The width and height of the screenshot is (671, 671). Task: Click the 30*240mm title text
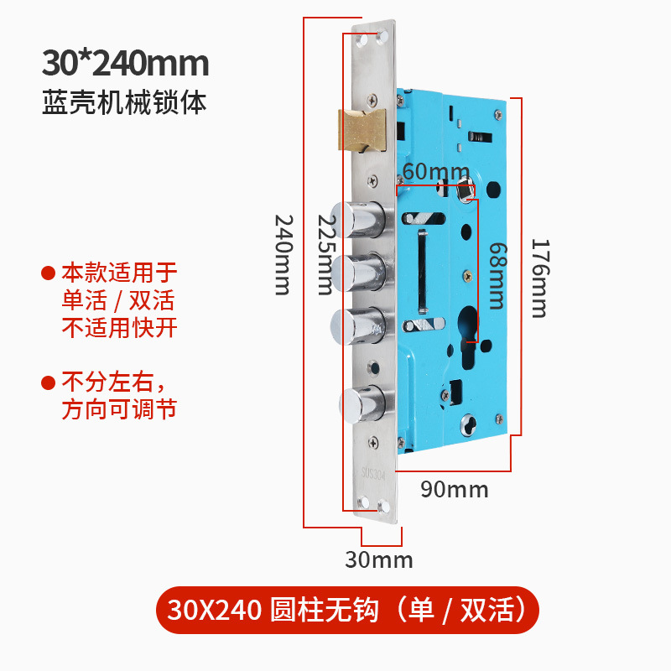click(125, 64)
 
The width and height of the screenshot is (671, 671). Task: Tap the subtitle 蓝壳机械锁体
click(124, 102)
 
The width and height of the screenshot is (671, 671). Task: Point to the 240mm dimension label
click(283, 253)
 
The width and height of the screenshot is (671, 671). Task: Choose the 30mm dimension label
click(379, 559)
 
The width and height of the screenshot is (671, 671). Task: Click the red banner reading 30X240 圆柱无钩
click(346, 610)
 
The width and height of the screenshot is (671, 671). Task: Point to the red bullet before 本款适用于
click(49, 273)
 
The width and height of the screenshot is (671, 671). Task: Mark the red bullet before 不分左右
click(49, 383)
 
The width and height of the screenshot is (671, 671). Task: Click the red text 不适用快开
click(120, 327)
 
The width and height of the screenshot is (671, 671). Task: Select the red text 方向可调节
click(119, 410)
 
